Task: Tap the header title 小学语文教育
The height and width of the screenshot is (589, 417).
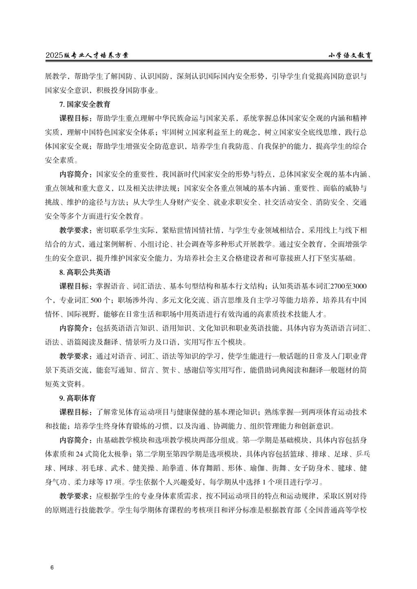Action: click(x=350, y=56)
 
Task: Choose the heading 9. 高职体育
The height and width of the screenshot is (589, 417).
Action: click(x=78, y=398)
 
